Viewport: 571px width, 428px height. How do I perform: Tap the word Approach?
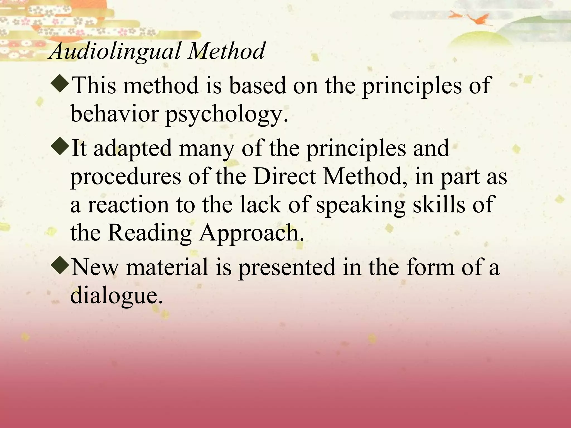251,233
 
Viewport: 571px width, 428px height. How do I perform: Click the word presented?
287,267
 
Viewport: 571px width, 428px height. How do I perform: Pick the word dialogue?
116,296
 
